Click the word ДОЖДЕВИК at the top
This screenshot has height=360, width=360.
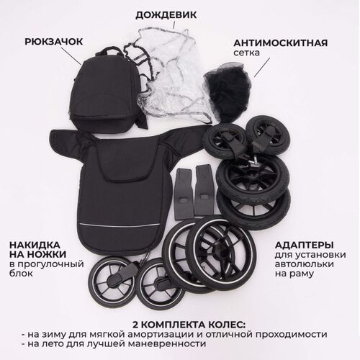pyautogui.click(x=166, y=15)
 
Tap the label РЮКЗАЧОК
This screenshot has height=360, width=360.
pyautogui.click(x=54, y=42)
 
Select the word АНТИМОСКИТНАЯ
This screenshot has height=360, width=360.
pyautogui.click(x=281, y=43)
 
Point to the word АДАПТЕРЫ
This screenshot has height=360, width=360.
pyautogui.click(x=304, y=246)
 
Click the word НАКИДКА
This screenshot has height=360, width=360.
pyautogui.click(x=35, y=245)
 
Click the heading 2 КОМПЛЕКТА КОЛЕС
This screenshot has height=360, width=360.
pyautogui.click(x=189, y=325)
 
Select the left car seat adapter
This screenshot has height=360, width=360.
pyautogui.click(x=184, y=194)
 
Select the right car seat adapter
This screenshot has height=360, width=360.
pyautogui.click(x=204, y=189)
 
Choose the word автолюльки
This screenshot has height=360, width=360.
pyautogui.click(x=305, y=264)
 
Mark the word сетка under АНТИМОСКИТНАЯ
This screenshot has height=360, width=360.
pyautogui.click(x=246, y=53)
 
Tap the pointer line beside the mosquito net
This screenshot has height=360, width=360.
pyautogui.click(x=262, y=68)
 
